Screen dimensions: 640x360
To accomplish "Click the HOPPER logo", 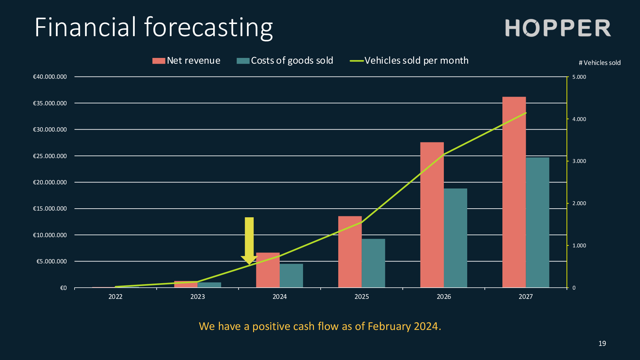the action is click(558, 28).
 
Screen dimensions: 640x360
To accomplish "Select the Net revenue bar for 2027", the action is click(514, 192).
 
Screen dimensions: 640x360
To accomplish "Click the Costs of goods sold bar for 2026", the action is click(455, 238).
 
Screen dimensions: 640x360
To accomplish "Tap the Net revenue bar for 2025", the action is click(350, 252).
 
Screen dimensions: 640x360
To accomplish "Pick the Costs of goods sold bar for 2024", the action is click(291, 276).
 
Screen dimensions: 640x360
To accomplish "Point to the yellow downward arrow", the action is click(249, 241).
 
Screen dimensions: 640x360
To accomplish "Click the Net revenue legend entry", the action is click(186, 60).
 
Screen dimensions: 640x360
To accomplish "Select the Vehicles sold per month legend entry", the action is click(409, 60).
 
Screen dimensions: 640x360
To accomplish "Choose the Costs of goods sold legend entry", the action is click(285, 60).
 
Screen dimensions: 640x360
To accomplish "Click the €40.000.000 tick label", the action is click(50, 77).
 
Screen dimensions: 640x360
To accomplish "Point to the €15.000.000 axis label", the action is click(50, 209).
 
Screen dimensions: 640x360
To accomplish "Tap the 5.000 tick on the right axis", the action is click(579, 77).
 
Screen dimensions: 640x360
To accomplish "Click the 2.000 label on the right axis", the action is click(579, 203).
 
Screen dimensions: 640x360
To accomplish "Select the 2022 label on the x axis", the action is click(116, 297).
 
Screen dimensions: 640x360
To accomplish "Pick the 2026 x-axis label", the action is click(444, 297).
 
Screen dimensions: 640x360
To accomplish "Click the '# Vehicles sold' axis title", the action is click(600, 63).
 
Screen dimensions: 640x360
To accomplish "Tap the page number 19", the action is click(602, 343).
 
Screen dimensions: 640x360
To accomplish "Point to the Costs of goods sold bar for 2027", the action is click(538, 222).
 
